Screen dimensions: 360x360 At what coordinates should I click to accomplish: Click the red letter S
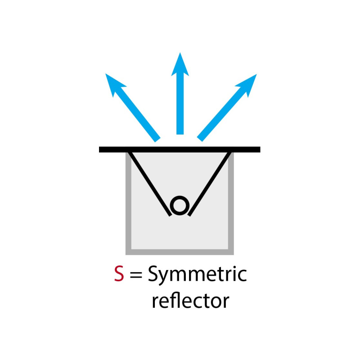119,274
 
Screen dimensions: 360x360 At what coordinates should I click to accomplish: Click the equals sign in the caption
135,275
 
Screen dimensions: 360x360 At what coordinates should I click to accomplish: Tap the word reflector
190,301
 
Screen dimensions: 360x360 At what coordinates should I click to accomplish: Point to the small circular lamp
180,206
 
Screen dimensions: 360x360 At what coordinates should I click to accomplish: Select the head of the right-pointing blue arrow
247,83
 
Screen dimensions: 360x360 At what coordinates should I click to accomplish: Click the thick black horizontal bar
180,149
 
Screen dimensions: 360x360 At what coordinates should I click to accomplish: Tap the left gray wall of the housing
128,202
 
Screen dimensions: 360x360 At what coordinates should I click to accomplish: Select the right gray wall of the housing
231,202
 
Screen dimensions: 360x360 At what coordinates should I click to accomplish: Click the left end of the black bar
102,149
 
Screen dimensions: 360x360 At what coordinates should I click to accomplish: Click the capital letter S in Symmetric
153,274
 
